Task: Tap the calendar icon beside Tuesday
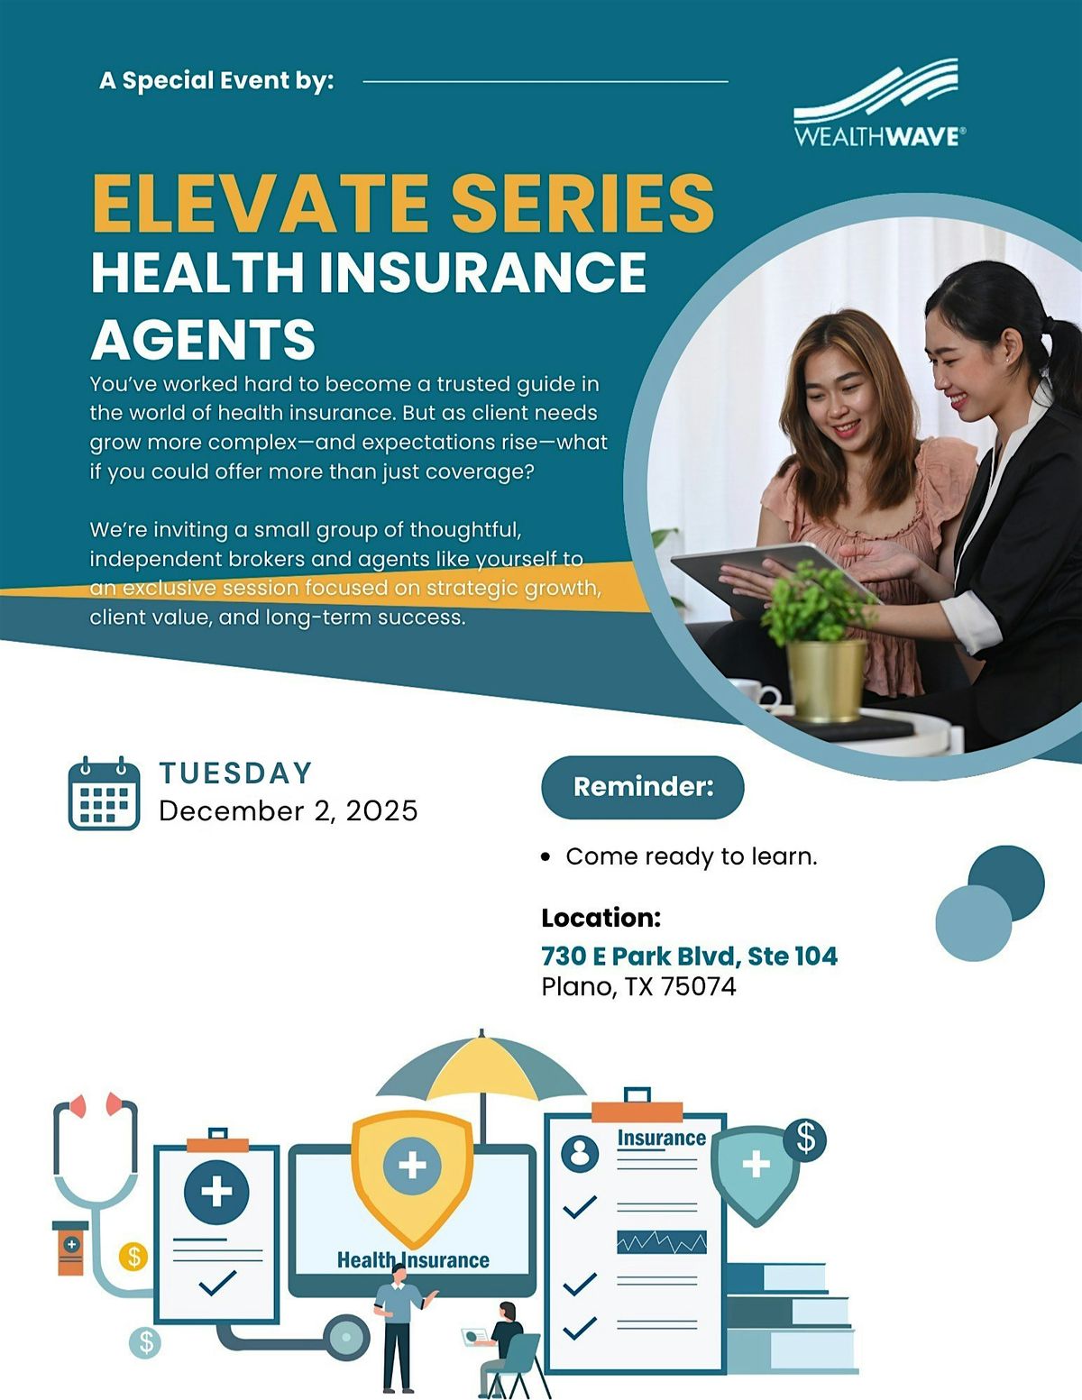click(x=104, y=793)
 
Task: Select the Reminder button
click(x=643, y=787)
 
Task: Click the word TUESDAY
click(x=236, y=773)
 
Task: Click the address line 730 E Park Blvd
click(x=689, y=956)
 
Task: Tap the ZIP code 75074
click(x=699, y=986)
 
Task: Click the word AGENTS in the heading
click(x=204, y=340)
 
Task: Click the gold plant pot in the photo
click(x=826, y=678)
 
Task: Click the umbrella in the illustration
click(x=481, y=1073)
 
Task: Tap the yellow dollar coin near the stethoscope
click(x=133, y=1255)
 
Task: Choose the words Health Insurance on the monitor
click(x=413, y=1259)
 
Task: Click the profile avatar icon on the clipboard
click(x=580, y=1152)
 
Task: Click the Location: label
click(x=601, y=918)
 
